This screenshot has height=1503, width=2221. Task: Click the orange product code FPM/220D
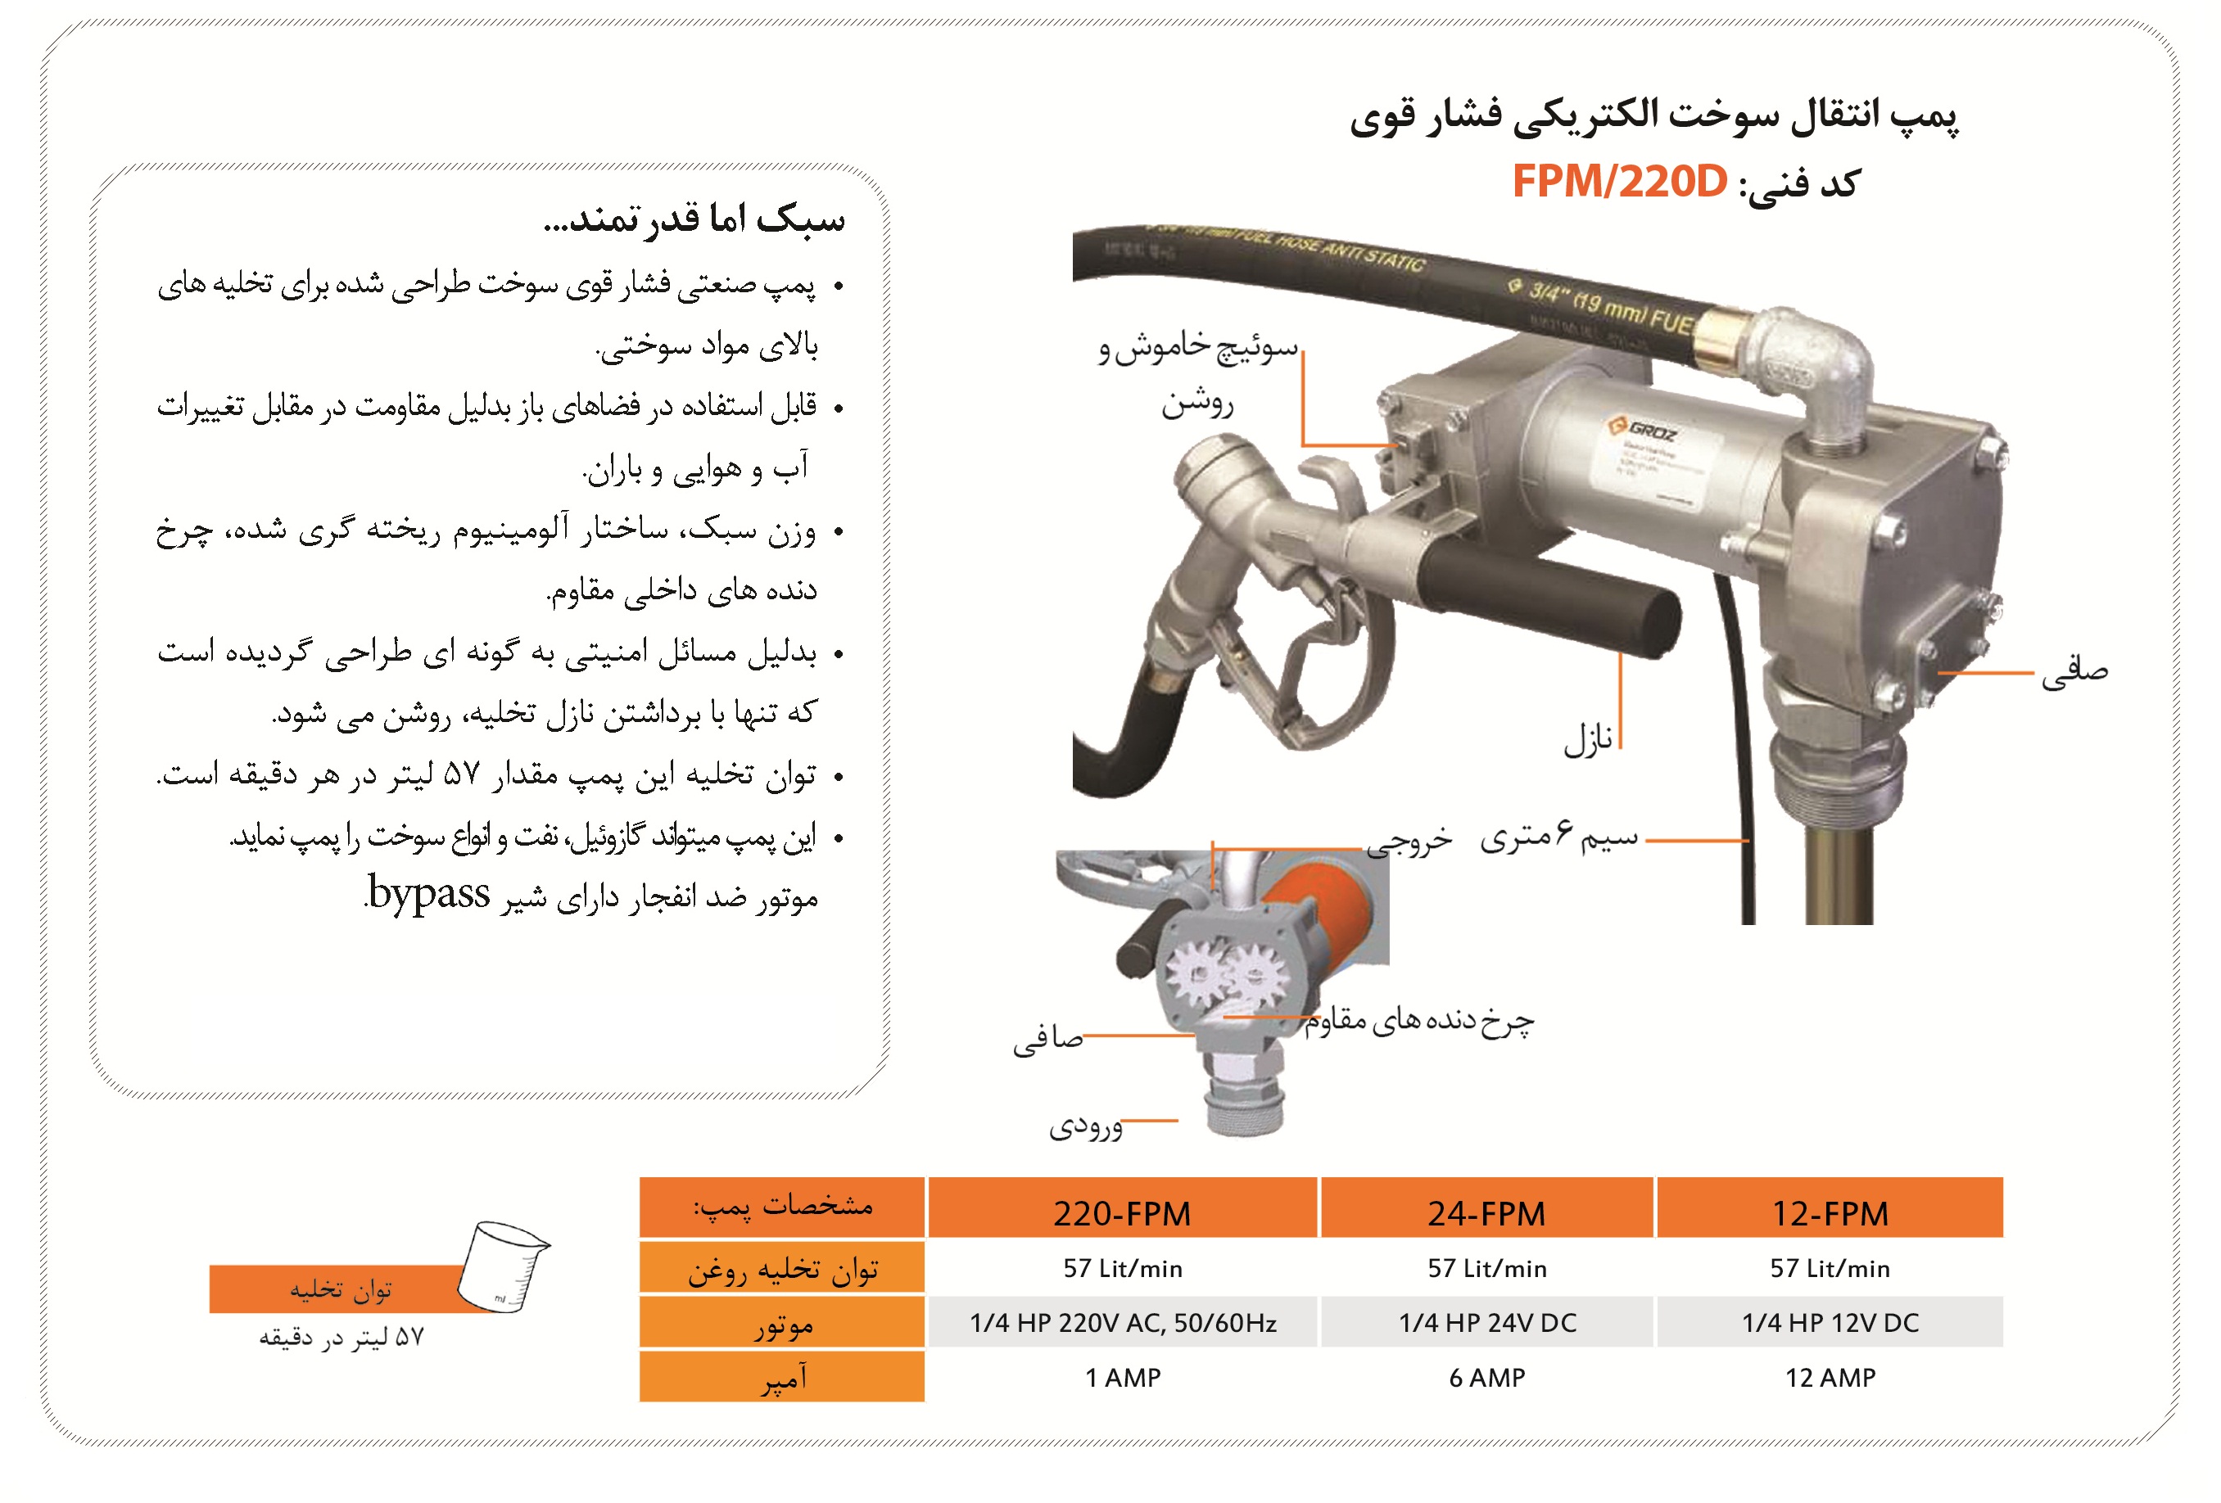coord(1619,182)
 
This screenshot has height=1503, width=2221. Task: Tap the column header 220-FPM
coord(1122,1212)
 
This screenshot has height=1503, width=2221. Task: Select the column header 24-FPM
coord(1486,1212)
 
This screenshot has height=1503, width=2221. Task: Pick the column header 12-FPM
coord(1830,1212)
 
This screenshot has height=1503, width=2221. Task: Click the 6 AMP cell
coord(1486,1377)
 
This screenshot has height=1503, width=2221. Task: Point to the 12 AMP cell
coord(1830,1377)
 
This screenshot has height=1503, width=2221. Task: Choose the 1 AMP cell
coord(1122,1377)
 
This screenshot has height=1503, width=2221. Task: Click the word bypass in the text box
coord(429,893)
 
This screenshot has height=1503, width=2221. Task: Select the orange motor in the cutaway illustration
coord(1323,908)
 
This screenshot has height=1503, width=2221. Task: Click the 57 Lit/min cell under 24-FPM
coord(1486,1268)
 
